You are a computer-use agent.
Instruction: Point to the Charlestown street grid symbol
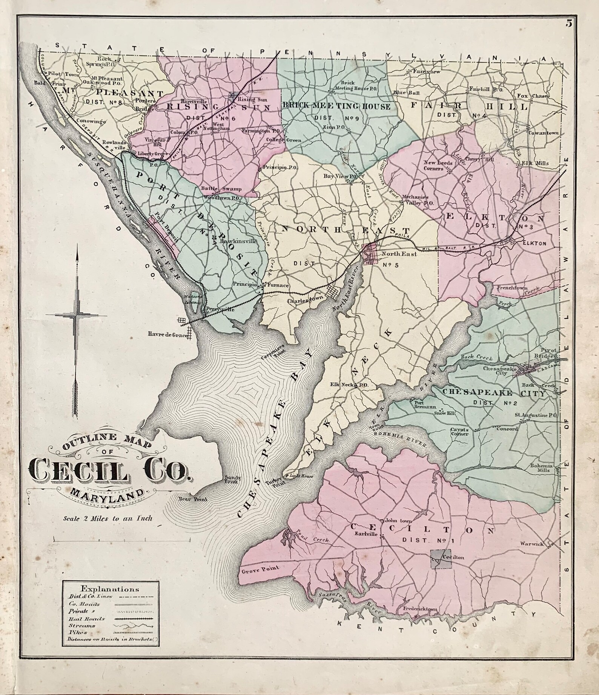click(333, 292)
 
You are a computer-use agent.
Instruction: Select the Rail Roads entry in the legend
click(87, 619)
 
